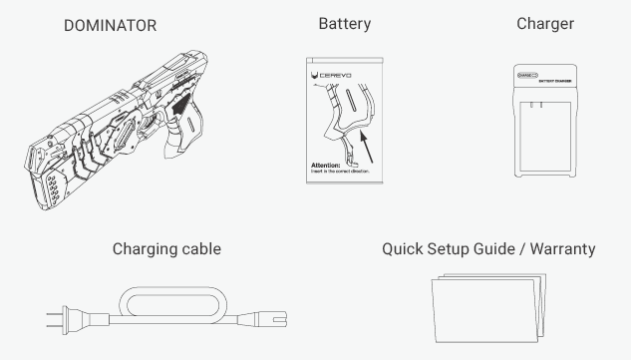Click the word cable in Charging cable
coord(195,249)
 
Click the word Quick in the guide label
coord(404,249)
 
